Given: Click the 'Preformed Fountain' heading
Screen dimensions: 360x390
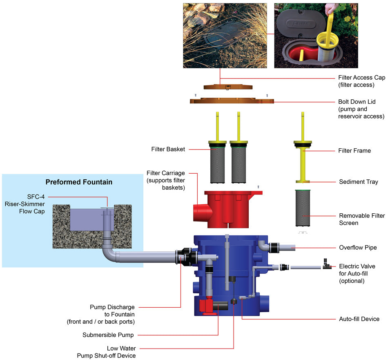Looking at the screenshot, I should pos(79,182).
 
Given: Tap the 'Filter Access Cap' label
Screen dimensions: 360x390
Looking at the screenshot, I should pos(361,81).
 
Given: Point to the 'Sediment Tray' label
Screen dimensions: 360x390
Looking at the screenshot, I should pos(359,182).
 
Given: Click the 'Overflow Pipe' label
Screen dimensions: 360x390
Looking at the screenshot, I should pos(358,247).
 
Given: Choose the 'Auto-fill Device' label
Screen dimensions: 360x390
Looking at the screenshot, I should pos(359,319).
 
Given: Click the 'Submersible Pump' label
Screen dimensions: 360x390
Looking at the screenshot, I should pos(108,335).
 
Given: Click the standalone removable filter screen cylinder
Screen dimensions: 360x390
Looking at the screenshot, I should pos(302,208).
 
